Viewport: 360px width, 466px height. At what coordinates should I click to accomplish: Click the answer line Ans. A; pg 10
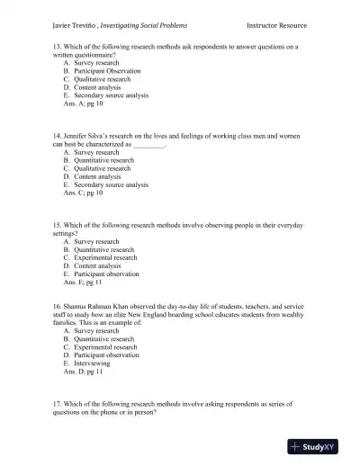click(x=83, y=103)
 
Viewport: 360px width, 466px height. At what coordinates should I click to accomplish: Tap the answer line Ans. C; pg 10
click(x=83, y=193)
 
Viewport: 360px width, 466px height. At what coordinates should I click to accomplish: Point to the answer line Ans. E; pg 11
click(x=83, y=282)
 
